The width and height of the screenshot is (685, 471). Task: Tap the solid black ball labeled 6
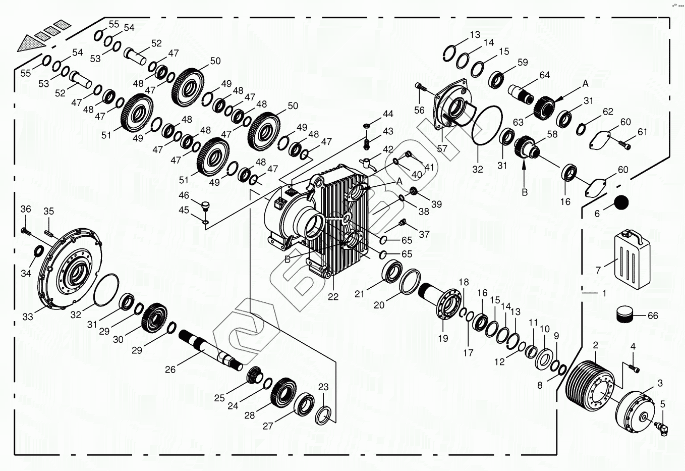(621, 202)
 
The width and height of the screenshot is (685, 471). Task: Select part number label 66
(653, 316)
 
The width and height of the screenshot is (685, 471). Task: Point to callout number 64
(544, 75)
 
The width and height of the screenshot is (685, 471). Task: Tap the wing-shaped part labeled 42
(368, 163)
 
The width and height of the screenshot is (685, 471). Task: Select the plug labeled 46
(205, 205)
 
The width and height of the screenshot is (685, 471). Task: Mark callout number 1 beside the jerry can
(604, 293)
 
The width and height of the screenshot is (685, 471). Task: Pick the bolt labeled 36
(26, 231)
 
